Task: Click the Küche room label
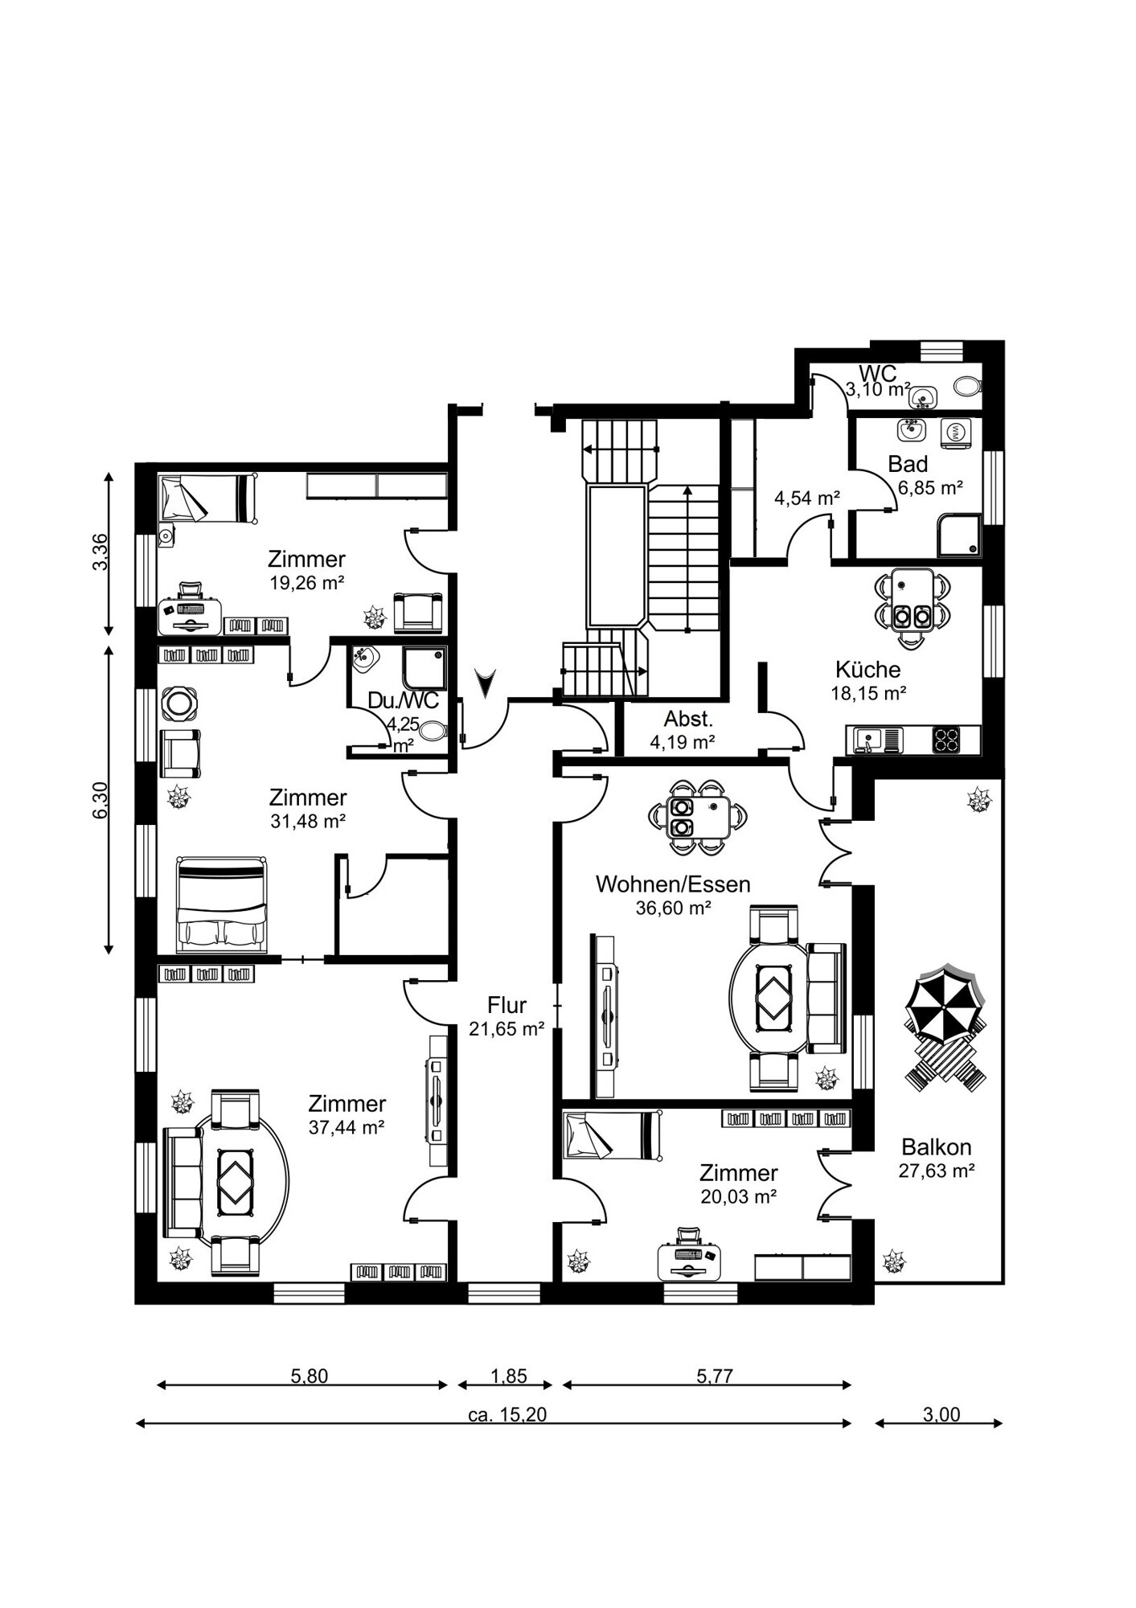[x=867, y=669]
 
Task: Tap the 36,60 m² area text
[x=673, y=908]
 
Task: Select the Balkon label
[x=936, y=1147]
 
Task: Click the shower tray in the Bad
[x=958, y=535]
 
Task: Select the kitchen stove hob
[x=946, y=739]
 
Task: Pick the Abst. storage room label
[x=688, y=719]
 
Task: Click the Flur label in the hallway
[x=506, y=1005]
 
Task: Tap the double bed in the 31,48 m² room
[x=221, y=905]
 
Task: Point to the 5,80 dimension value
[x=309, y=1376]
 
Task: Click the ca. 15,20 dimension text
[x=506, y=1414]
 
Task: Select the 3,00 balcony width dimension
[x=941, y=1414]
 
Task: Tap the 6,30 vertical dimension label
[x=100, y=801]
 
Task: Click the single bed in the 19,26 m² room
[x=207, y=498]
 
